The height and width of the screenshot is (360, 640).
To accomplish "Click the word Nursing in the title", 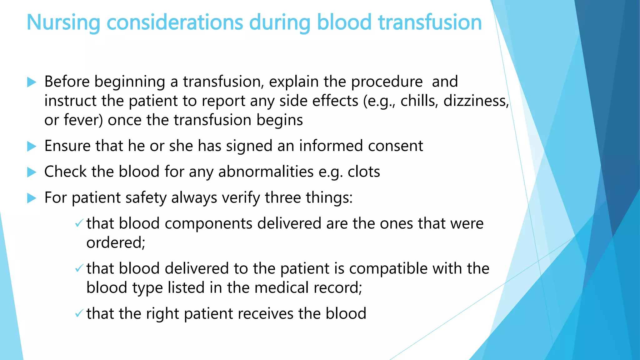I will pyautogui.click(x=63, y=22).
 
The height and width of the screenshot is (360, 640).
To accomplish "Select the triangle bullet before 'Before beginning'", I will pyautogui.click(x=32, y=82).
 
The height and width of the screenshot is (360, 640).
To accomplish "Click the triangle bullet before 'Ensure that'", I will pyautogui.click(x=32, y=146).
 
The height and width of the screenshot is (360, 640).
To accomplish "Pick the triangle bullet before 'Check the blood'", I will pyautogui.click(x=32, y=172).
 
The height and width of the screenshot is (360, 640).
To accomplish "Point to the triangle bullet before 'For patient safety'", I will pyautogui.click(x=32, y=198).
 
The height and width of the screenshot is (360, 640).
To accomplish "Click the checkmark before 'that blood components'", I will pyautogui.click(x=79, y=223).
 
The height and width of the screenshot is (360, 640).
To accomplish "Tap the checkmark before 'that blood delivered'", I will pyautogui.click(x=79, y=268).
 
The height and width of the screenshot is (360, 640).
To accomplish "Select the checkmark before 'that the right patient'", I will pyautogui.click(x=79, y=313).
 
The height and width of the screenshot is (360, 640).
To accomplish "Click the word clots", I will pyautogui.click(x=364, y=172).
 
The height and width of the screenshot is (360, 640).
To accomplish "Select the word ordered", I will pyautogui.click(x=116, y=243).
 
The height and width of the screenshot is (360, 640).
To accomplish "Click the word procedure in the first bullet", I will pyautogui.click(x=387, y=82).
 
